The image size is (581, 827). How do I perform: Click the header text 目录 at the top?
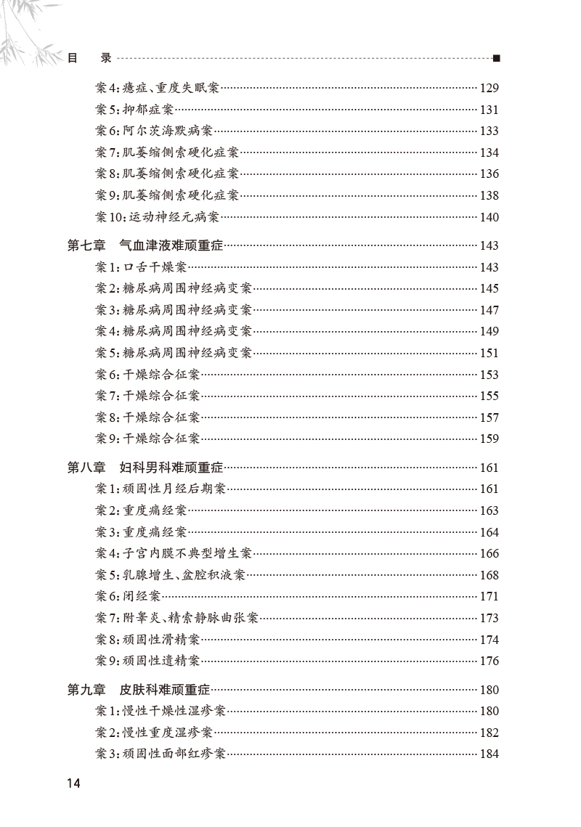89,59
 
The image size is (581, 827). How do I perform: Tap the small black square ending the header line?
496,59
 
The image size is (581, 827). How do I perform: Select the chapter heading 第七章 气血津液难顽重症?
146,246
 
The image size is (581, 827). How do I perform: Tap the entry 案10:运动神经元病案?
157,217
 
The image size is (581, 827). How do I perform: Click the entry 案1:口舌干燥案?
141,267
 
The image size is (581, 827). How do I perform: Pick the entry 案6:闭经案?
128,597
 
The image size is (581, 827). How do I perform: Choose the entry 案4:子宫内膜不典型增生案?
174,553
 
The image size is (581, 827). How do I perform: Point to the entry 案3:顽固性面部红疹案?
161,754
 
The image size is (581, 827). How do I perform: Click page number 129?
489,89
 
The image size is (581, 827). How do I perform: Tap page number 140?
489,217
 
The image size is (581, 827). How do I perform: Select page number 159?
489,439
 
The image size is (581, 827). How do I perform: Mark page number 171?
489,597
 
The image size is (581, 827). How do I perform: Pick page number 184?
489,754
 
